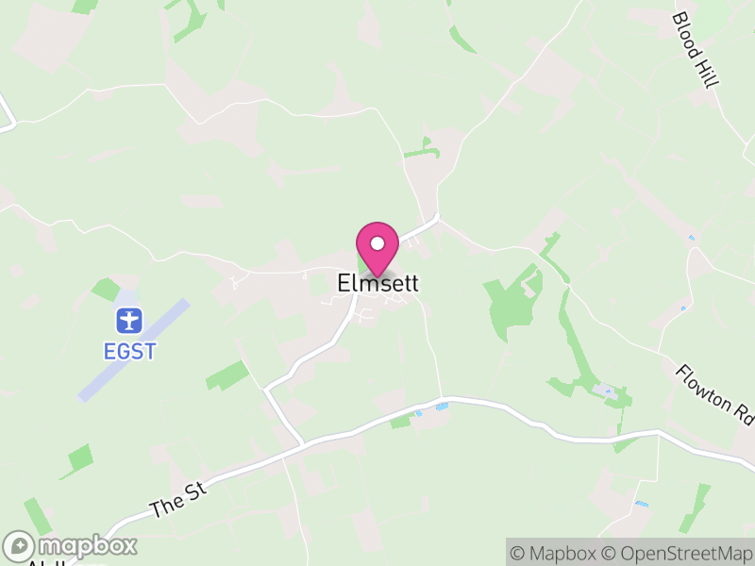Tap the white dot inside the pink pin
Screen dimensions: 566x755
point(377,243)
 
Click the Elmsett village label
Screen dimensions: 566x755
point(377,283)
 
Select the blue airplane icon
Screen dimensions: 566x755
point(128,321)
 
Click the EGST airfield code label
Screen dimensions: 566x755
point(129,352)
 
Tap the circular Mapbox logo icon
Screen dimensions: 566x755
point(20,546)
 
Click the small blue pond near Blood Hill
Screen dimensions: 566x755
point(692,238)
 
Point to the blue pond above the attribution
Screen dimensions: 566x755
point(642,505)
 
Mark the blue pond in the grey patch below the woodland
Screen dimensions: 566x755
point(606,390)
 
